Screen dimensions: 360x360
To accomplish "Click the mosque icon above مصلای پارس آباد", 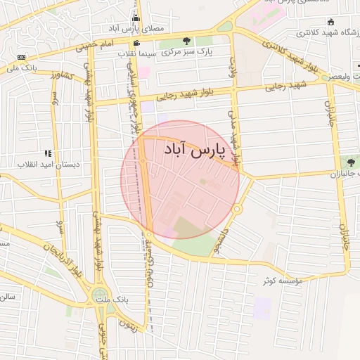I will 136,18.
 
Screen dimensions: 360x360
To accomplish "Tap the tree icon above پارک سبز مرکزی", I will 186,41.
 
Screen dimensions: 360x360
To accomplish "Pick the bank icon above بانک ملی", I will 21,57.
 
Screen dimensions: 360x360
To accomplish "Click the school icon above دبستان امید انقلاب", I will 47,153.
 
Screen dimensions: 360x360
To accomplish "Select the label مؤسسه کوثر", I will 283,281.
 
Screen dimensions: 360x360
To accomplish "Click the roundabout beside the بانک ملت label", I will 101,295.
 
